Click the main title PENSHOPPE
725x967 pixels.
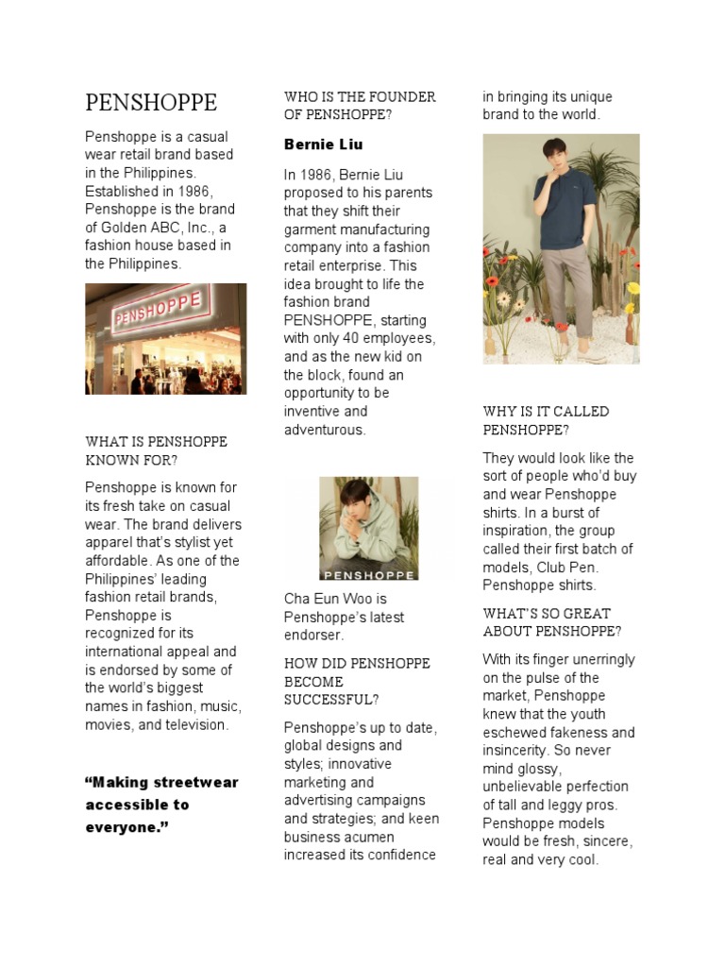point(151,102)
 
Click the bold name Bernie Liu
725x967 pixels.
point(323,144)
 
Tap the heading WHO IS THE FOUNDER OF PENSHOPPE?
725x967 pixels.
point(360,106)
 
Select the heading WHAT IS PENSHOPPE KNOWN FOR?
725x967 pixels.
point(156,450)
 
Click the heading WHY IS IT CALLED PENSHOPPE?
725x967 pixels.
point(546,420)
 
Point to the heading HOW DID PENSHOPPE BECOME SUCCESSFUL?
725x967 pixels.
point(357,681)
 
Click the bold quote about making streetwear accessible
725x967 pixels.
point(161,805)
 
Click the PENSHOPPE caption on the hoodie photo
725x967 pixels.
point(368,572)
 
